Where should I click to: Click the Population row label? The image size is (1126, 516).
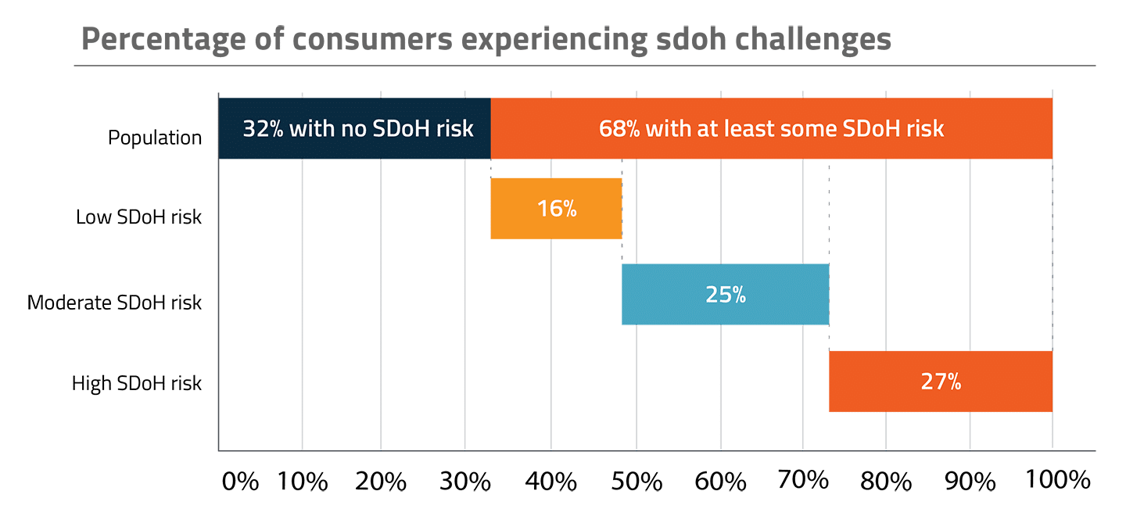coord(155,138)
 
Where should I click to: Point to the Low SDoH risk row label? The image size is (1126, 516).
coord(138,217)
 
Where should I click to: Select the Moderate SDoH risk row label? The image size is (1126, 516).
coord(114,303)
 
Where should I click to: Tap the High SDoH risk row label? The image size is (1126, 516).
coord(137,384)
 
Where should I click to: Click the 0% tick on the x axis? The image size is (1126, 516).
coord(240,481)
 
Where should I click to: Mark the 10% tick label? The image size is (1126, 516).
coord(303,481)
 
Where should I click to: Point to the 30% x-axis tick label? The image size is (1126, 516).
coord(465,481)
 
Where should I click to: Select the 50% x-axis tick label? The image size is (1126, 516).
coord(637,481)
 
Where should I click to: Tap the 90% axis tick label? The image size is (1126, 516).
coord(970,481)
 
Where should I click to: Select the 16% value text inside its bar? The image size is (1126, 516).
coord(556,209)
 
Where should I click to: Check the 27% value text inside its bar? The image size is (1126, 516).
coord(940,382)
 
